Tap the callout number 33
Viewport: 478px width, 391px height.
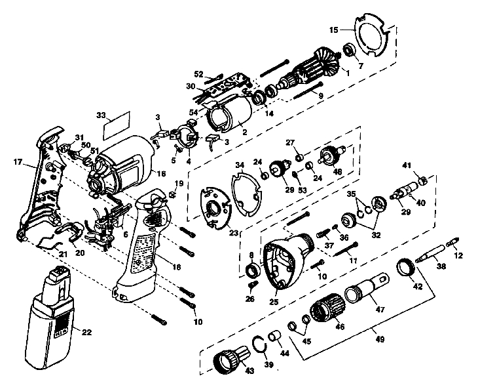tap(100, 115)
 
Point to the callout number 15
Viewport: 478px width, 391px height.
tap(333, 30)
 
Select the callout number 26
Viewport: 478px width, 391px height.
tap(249, 299)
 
